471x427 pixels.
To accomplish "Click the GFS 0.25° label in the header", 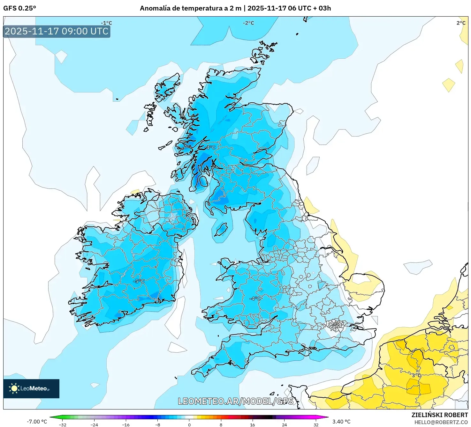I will [19, 8].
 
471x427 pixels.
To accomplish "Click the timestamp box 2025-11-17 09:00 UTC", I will [57, 31].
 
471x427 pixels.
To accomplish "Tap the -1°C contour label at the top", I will [106, 23].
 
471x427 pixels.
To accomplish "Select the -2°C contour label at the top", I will [248, 23].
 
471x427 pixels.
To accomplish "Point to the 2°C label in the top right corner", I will [461, 23].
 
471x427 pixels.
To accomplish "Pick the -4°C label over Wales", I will [255, 298].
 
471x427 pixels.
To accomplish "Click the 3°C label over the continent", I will [416, 375].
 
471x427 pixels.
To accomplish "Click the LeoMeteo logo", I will [31, 388].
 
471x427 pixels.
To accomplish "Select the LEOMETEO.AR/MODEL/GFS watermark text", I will [235, 401].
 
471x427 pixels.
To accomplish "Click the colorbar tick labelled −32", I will [63, 424].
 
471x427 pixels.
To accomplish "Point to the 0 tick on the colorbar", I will [189, 424].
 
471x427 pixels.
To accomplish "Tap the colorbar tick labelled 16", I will [253, 424].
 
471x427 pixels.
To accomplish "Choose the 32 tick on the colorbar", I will [316, 424].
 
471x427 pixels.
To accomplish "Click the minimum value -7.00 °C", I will [37, 422].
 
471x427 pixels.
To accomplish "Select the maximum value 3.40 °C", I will [341, 422].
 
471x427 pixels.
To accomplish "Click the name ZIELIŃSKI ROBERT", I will [439, 415].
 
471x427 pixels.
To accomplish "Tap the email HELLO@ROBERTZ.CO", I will [441, 422].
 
